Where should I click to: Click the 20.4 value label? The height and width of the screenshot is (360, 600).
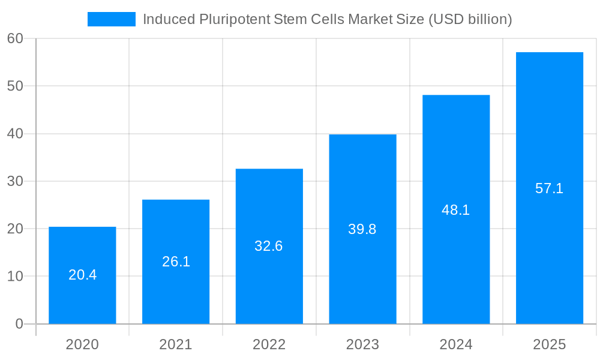[82, 275]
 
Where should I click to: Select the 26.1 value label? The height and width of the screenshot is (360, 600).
[176, 262]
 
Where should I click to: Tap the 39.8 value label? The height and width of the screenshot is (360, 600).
[362, 229]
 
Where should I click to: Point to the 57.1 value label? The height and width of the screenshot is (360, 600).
[550, 188]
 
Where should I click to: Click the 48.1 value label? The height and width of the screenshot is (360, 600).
[456, 210]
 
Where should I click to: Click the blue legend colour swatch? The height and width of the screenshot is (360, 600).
[112, 19]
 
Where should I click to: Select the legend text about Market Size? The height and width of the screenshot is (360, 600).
[327, 19]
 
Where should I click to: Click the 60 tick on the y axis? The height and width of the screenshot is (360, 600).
[15, 38]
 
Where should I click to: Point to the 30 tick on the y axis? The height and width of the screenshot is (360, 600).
[15, 181]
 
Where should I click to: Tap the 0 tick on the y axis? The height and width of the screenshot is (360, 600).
[19, 324]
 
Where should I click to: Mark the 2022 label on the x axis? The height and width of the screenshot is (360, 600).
[269, 344]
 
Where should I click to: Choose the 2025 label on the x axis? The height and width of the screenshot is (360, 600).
[550, 344]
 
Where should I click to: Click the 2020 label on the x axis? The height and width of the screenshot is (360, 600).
[82, 344]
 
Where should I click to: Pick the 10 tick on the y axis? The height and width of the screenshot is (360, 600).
[15, 277]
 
